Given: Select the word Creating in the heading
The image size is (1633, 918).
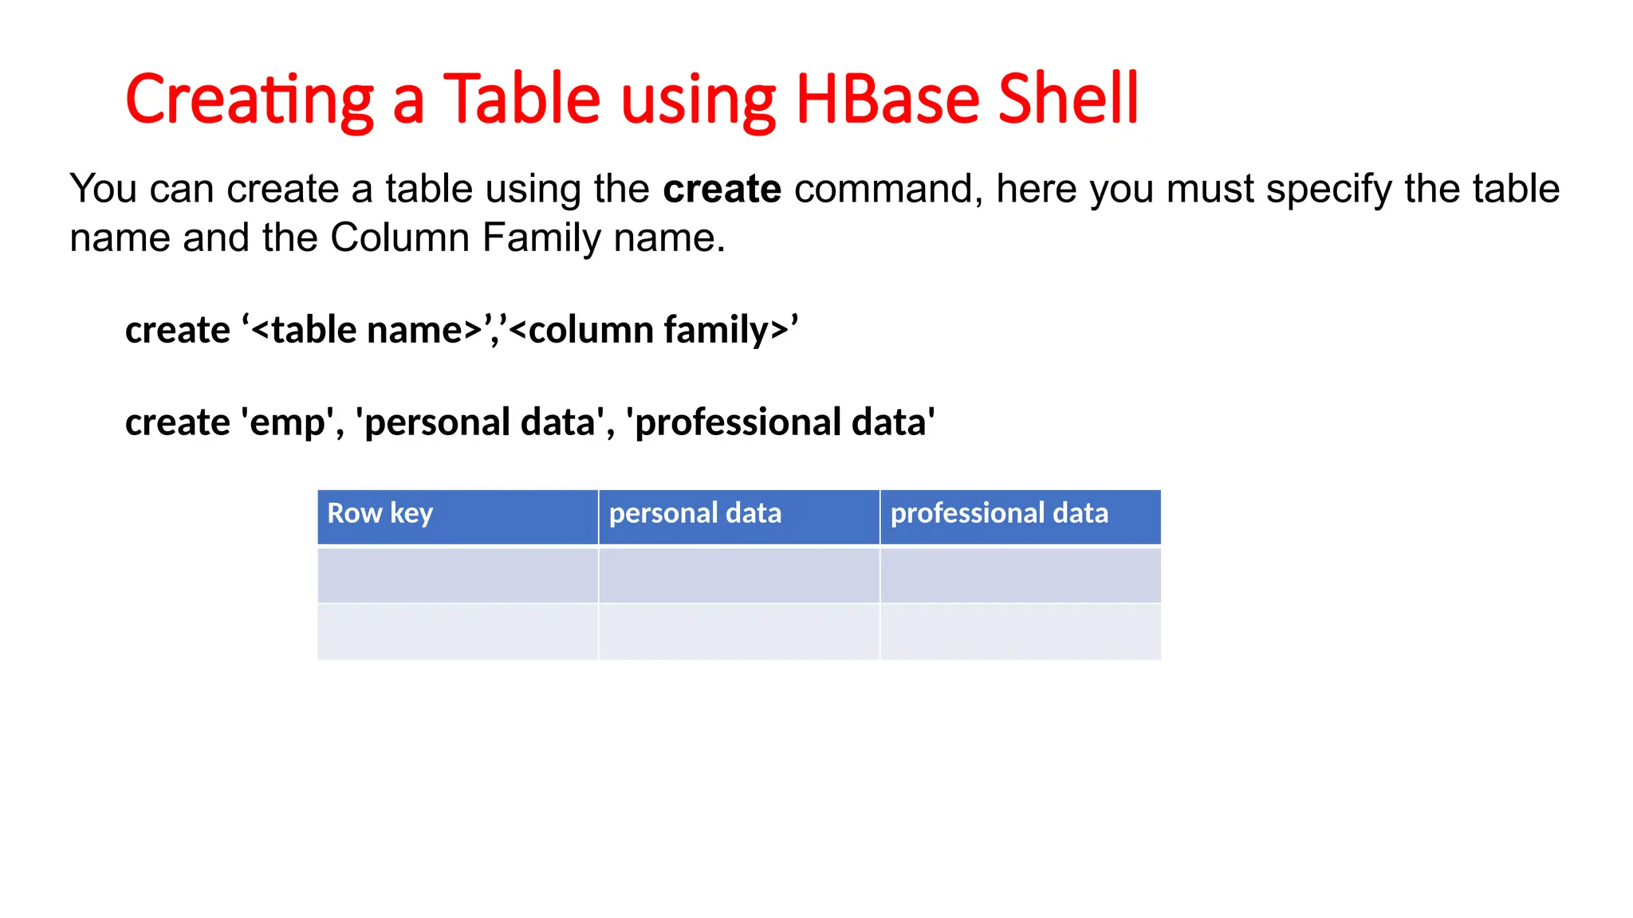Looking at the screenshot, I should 250,100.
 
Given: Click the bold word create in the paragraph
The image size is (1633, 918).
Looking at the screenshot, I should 722,190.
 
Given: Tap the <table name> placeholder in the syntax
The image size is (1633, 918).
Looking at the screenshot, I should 367,330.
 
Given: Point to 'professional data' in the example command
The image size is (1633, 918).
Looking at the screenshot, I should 780,422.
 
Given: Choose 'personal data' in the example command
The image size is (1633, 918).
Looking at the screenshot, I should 479,422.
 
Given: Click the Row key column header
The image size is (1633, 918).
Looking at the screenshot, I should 380,513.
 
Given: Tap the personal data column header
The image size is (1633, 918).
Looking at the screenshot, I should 695,513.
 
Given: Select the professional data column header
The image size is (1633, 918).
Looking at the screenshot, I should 998,513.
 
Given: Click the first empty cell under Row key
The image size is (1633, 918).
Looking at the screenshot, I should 458,575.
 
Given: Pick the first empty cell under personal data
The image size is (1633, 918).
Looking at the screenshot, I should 739,575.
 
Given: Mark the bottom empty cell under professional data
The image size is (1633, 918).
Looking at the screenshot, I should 1021,632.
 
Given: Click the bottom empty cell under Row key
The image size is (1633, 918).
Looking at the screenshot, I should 458,632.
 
